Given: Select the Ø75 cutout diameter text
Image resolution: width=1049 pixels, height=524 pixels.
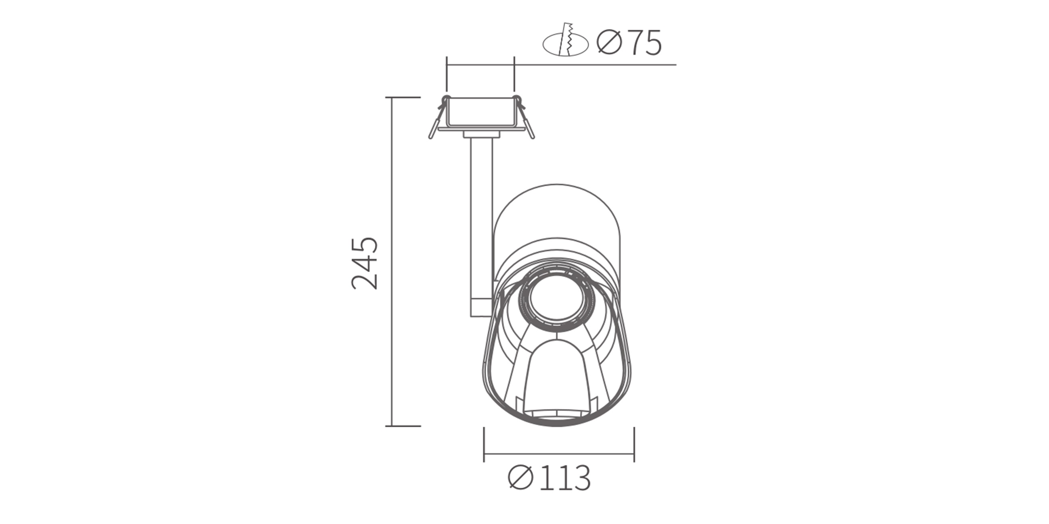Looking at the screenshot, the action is (x=629, y=43).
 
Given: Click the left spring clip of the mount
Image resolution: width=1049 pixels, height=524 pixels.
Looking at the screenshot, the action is (x=437, y=118).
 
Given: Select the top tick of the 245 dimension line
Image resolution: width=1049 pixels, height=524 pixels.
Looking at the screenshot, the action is (x=403, y=98).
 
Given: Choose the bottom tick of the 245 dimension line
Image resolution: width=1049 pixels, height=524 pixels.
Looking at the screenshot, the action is (x=403, y=426).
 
